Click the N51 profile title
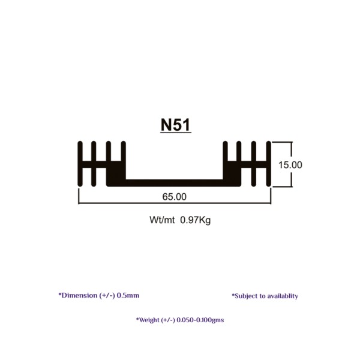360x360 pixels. tap(176, 125)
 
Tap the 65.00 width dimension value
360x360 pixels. tap(174, 197)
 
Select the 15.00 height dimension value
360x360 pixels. tap(290, 165)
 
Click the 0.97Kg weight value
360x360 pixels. tap(196, 220)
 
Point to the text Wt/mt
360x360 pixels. tap(162, 220)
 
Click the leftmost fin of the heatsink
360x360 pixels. tap(80, 164)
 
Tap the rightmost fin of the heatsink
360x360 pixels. tap(269, 164)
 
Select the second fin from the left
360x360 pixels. tap(94, 164)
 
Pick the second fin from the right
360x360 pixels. tap(254, 164)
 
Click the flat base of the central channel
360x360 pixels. tap(174, 183)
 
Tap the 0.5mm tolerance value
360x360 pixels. tap(128, 295)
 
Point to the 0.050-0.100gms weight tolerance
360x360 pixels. tap(200, 320)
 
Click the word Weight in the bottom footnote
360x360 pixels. tap(149, 320)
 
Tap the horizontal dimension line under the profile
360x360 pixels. tap(175, 203)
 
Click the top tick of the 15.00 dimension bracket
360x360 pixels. tap(282, 142)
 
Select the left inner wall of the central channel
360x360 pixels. tap(123, 160)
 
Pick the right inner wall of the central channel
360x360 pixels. tap(225, 160)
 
